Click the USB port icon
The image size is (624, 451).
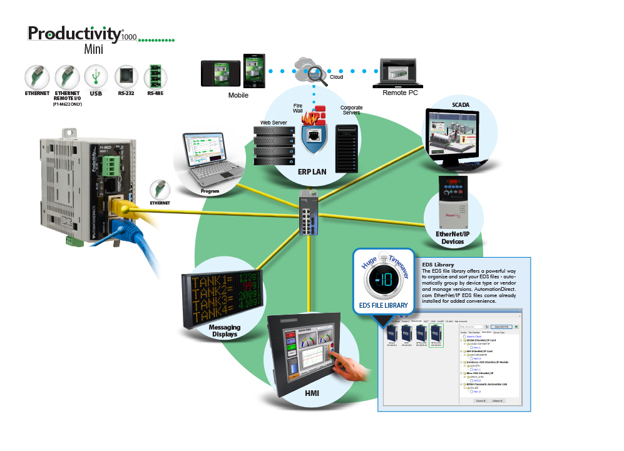coord(96,77)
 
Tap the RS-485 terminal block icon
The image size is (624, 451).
coord(155,77)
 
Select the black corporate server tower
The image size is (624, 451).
coord(346,148)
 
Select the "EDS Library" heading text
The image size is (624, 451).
coord(437,265)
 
